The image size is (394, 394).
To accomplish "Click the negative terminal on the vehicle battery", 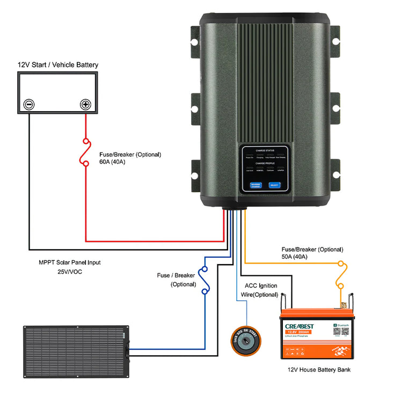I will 29,105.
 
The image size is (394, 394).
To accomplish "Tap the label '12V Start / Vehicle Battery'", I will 58,65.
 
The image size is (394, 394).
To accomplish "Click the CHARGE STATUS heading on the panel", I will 266,151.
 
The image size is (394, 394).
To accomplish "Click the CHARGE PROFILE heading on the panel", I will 266,163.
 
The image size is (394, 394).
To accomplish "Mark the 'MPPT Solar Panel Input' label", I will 70,262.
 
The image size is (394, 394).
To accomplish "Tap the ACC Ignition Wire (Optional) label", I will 261,290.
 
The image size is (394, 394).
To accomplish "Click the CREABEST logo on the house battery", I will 296,326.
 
